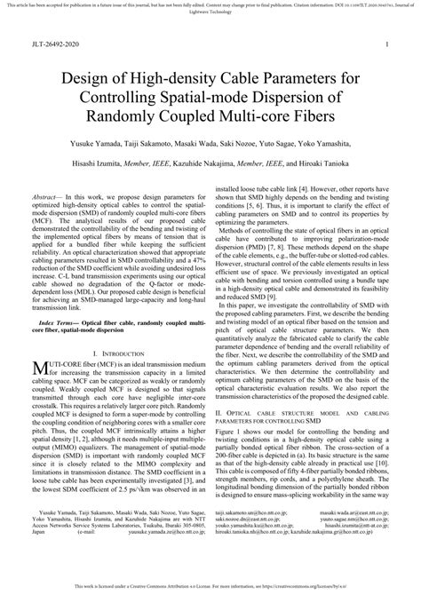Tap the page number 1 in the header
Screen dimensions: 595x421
pyautogui.click(x=388, y=43)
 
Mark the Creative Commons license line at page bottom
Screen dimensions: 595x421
pyautogui.click(x=210, y=588)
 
